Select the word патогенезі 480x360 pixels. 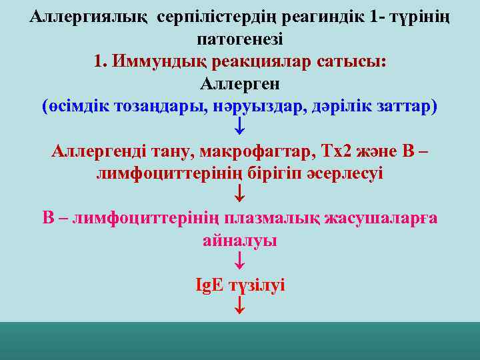241,39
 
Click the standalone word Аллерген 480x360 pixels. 240,84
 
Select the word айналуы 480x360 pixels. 240,240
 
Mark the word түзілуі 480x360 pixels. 257,285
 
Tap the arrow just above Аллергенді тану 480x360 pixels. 240,126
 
